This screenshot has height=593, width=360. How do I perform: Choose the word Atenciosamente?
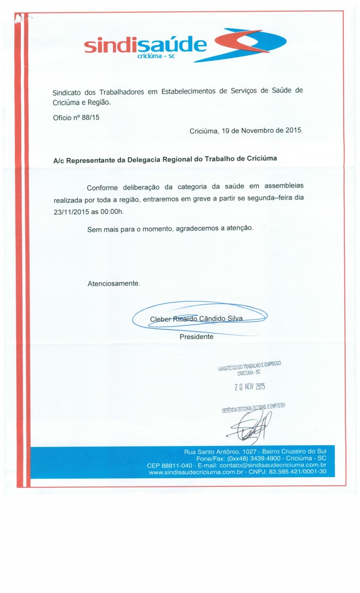114,284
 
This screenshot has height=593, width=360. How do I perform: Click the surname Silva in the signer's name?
234,319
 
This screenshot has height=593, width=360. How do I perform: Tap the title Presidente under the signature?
197,337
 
